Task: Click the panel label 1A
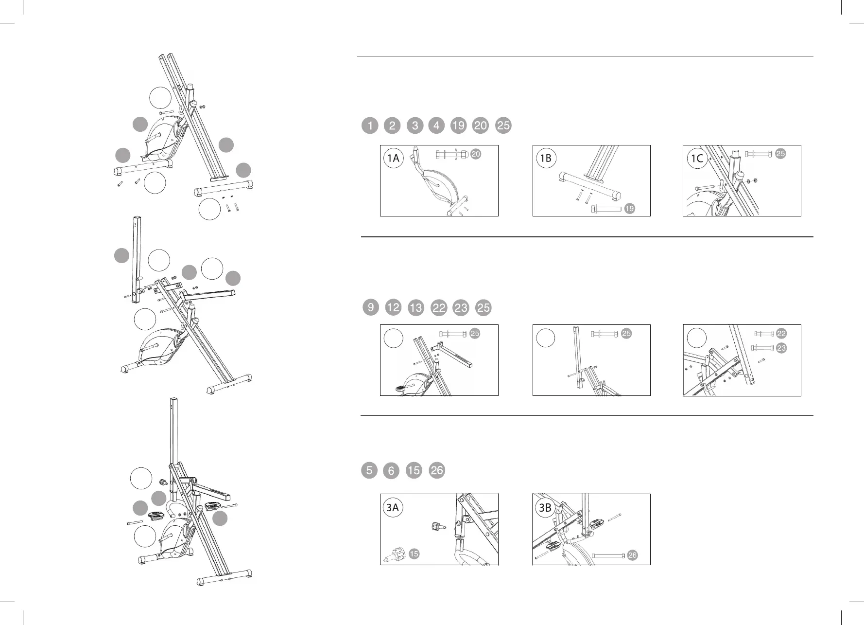coord(393,158)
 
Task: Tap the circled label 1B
coord(546,158)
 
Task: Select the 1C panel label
coord(697,158)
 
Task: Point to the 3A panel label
coord(392,507)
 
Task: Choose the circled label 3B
coord(545,507)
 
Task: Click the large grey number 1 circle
coord(370,126)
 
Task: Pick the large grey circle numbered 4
coord(436,126)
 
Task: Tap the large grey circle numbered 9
coord(371,307)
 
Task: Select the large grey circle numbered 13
coord(415,308)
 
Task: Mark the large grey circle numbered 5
coord(369,470)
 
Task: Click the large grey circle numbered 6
coord(391,471)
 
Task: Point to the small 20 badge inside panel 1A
coord(476,154)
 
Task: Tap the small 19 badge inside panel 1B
coord(629,209)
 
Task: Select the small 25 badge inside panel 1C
coord(780,154)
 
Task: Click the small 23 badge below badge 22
coord(781,348)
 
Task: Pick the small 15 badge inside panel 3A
coord(414,554)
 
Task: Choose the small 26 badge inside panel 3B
coord(632,555)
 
